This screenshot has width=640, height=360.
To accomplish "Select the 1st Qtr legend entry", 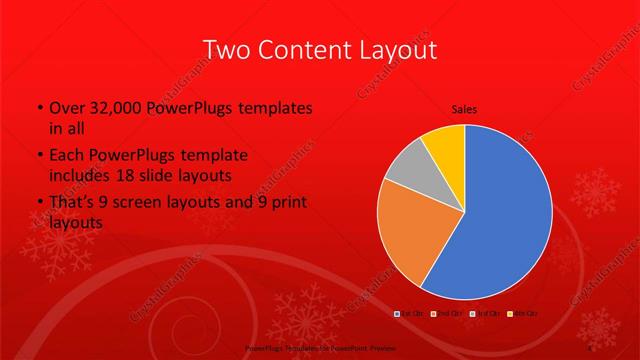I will coord(409,314).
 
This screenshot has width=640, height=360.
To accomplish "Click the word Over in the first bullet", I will coord(68,109).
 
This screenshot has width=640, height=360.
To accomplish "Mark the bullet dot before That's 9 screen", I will coord(39,204).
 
